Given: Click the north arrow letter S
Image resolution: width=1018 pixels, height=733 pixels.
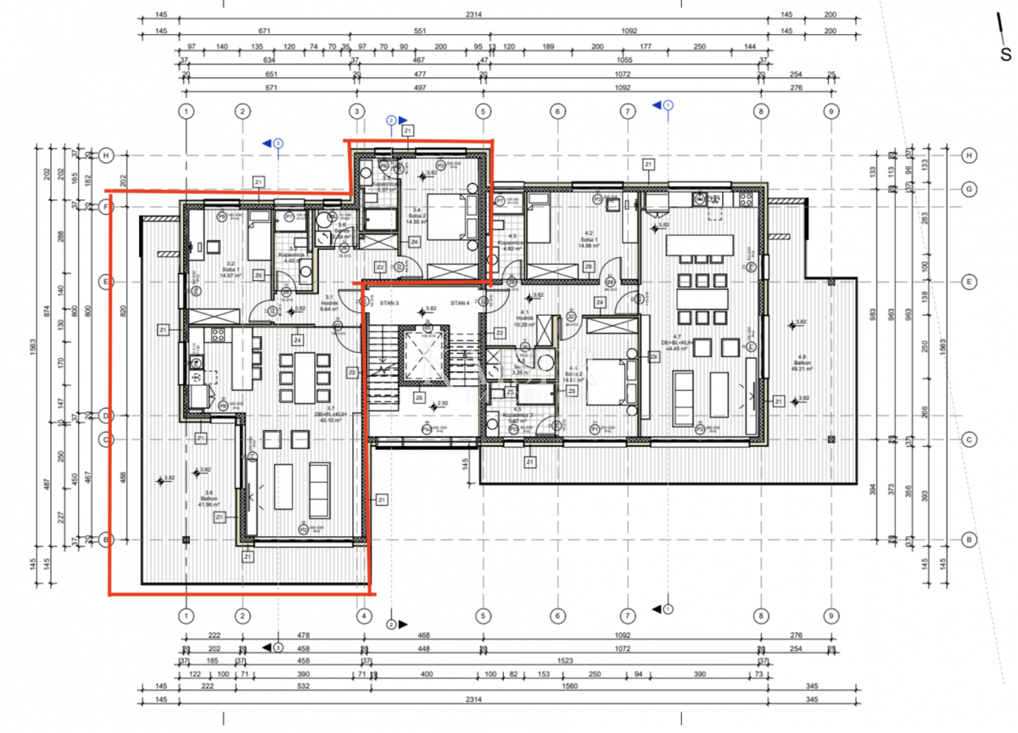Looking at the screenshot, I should (x=1005, y=55).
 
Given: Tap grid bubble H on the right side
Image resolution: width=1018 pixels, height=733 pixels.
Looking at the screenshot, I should (x=968, y=155).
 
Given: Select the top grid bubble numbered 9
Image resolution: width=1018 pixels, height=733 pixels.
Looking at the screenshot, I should (x=831, y=111).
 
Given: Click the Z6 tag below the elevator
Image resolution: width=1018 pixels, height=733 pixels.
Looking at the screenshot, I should (x=419, y=398).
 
